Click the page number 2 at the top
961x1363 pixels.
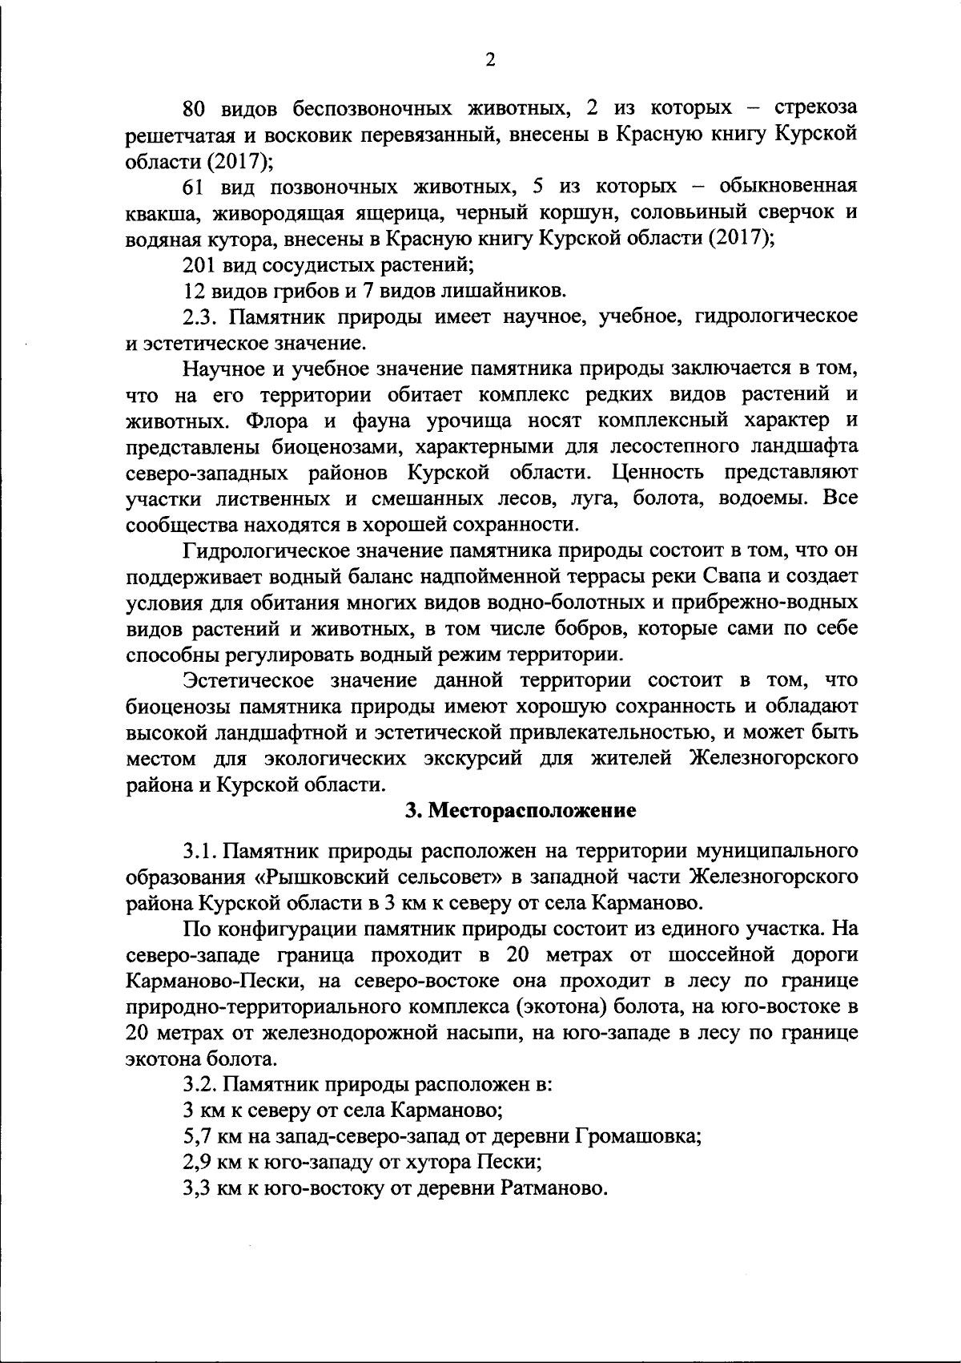pos(489,60)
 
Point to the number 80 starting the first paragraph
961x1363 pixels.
pos(195,107)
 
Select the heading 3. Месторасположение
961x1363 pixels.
pos(520,810)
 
